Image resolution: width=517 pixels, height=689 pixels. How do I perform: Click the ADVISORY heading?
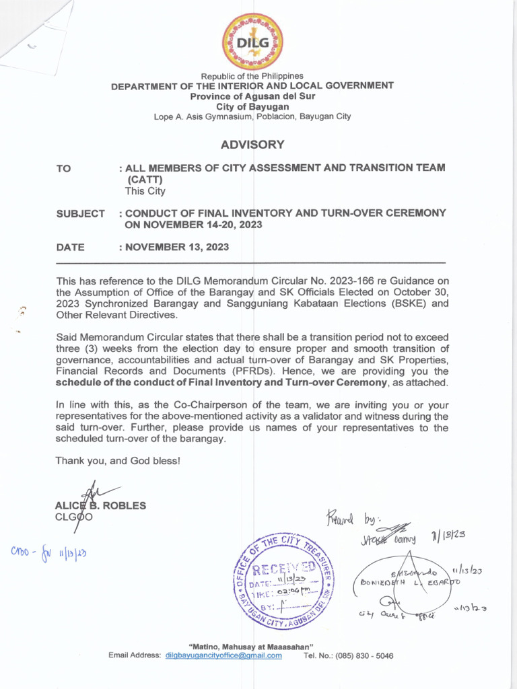(252, 145)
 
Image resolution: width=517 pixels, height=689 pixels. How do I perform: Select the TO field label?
(64, 168)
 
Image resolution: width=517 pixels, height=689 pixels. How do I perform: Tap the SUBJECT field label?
(81, 213)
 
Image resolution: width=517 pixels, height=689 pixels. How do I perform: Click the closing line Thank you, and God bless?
(118, 461)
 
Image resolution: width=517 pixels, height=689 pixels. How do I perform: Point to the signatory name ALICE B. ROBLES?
(100, 505)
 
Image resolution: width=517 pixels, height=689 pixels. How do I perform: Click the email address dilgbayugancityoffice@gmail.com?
(223, 655)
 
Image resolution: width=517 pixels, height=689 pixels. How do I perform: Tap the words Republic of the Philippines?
(252, 76)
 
